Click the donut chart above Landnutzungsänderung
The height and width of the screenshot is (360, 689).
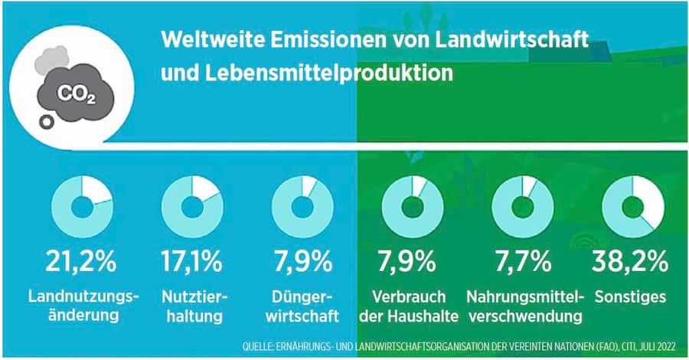82,208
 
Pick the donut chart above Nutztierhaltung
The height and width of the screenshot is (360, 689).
191,208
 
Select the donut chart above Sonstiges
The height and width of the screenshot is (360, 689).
632,208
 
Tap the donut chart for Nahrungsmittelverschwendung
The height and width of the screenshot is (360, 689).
522,208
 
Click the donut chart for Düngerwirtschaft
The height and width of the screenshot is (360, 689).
302,208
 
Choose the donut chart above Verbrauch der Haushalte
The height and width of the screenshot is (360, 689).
413,208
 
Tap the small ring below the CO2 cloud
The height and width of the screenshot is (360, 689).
47,121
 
